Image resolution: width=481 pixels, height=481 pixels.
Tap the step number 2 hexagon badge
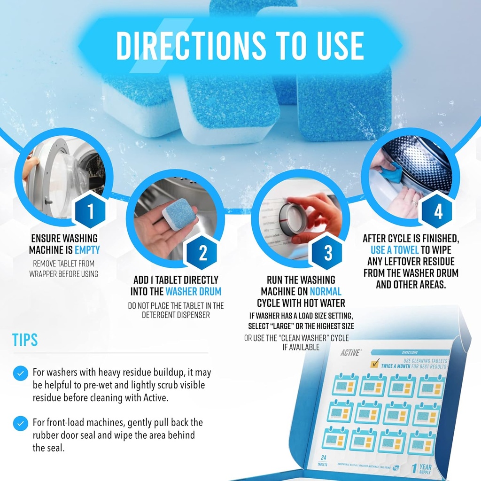pyautogui.click(x=203, y=253)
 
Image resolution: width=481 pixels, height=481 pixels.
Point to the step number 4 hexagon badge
pyautogui.click(x=438, y=212)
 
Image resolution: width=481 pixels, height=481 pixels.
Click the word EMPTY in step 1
pyautogui.click(x=87, y=250)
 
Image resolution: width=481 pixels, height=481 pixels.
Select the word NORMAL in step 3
pyautogui.click(x=326, y=291)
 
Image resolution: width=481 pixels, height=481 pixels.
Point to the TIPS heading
pyautogui.click(x=25, y=340)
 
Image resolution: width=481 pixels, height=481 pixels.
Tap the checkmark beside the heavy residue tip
pyautogui.click(x=20, y=374)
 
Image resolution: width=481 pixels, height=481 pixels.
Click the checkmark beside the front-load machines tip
pyautogui.click(x=20, y=424)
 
